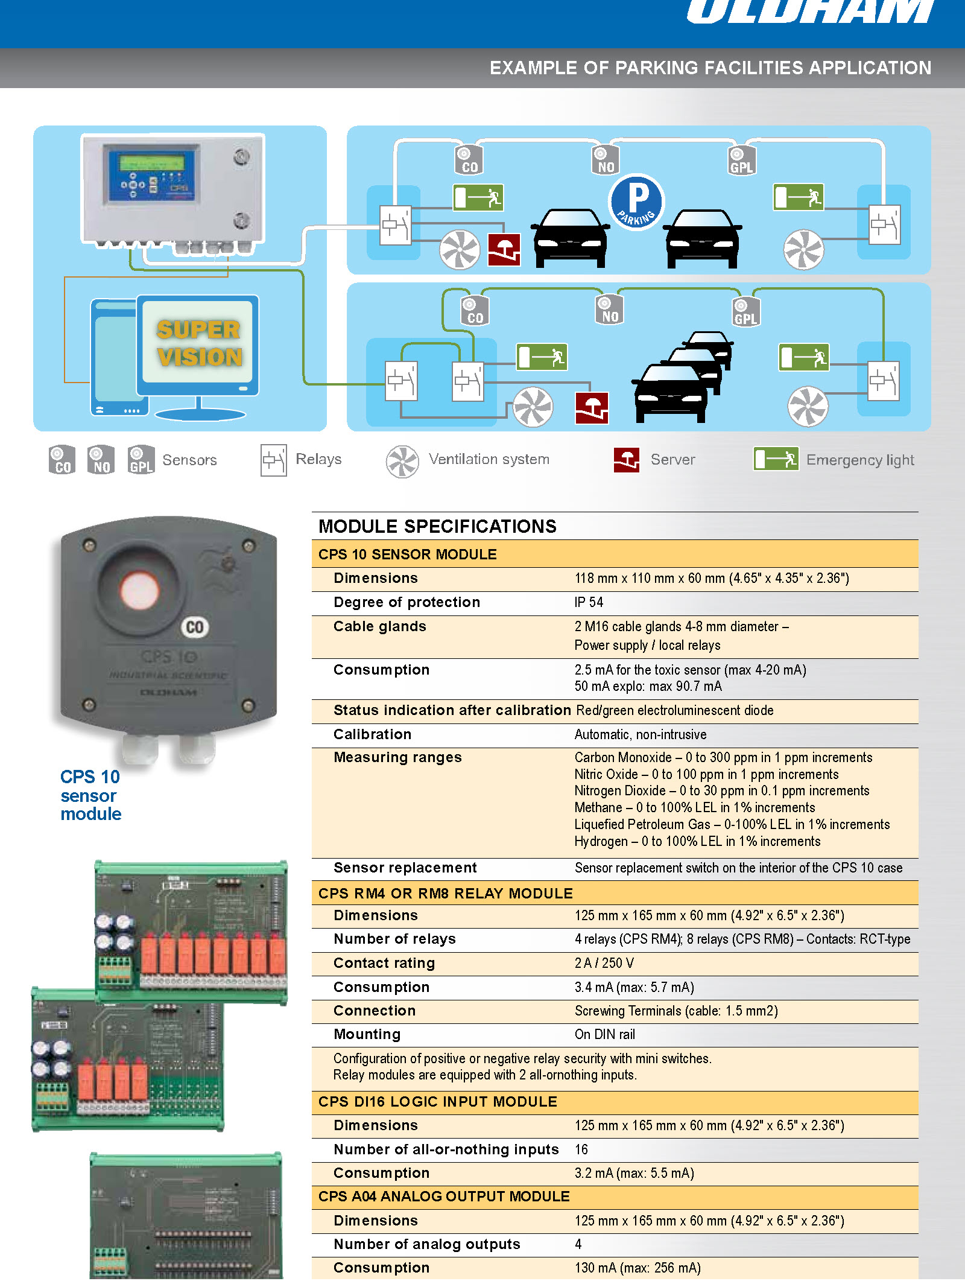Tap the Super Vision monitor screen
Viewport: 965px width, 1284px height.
pos(198,343)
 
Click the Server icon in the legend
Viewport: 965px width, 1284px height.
pos(626,460)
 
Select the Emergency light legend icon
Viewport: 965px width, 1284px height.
pos(776,459)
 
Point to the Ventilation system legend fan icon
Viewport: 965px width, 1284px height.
pos(402,462)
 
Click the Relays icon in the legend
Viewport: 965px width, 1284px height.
pos(273,460)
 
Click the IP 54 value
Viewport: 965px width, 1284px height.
pos(589,602)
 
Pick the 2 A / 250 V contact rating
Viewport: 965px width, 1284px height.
pos(604,963)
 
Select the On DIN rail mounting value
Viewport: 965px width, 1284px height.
pos(604,1034)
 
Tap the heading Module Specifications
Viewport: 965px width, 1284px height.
pos(437,526)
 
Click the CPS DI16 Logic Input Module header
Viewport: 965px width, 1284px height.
pos(437,1102)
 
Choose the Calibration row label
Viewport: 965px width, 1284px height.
pos(372,734)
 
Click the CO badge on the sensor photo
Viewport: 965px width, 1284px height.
pos(195,627)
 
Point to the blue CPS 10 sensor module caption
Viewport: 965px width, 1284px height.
pos(90,795)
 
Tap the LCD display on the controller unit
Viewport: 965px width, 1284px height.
pos(152,162)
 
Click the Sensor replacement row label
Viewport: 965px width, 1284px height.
pos(405,868)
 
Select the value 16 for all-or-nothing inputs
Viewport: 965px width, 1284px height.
pos(581,1149)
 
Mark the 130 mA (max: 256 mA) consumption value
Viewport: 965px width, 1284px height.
pos(637,1268)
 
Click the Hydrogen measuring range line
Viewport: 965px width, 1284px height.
pos(697,841)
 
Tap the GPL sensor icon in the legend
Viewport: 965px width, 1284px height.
pos(141,460)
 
